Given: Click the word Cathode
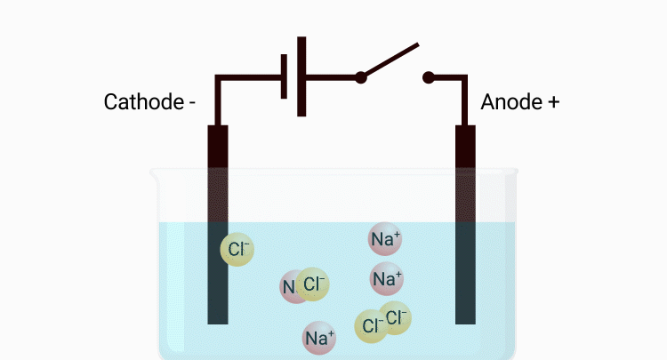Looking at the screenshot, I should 142,101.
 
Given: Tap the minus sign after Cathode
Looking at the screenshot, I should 191,102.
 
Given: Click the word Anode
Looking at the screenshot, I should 508,101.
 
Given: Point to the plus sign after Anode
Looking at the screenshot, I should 552,102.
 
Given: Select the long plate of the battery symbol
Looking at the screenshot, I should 302,76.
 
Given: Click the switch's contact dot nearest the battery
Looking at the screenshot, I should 361,77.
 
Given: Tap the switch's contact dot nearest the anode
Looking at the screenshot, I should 429,77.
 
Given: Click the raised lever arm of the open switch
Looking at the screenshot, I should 391,60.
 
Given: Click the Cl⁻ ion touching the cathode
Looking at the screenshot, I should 237,250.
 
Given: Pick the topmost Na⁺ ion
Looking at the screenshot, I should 385,238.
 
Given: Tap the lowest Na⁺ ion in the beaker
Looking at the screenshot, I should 319,338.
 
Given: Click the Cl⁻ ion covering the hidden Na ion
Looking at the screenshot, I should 312,284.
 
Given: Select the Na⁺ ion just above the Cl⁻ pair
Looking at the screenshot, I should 387,279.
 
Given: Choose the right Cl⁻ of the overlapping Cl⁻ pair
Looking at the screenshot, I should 397,316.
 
